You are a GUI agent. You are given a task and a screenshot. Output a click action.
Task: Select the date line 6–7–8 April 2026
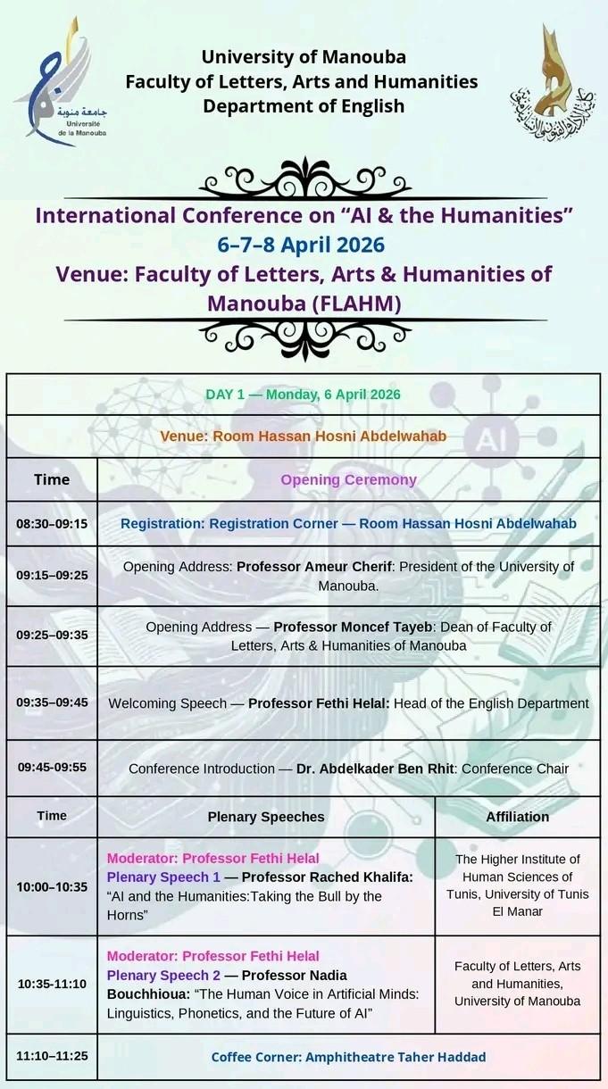pyautogui.click(x=301, y=245)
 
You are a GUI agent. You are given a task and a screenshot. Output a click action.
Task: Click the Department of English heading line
pyautogui.click(x=304, y=106)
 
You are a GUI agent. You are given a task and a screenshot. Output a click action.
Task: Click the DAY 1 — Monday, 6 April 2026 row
pyautogui.click(x=304, y=395)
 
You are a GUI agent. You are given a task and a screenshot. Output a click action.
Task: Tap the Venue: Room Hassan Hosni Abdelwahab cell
pyautogui.click(x=304, y=436)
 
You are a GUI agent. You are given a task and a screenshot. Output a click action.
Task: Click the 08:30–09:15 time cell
pyautogui.click(x=52, y=523)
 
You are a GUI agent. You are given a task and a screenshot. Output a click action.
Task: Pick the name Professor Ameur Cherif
pyautogui.click(x=304, y=567)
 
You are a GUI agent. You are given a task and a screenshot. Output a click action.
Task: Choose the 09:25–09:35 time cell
pyautogui.click(x=52, y=636)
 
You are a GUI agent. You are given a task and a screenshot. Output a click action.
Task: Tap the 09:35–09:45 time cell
pyautogui.click(x=52, y=702)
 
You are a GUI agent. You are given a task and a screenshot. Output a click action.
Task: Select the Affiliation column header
pyautogui.click(x=517, y=817)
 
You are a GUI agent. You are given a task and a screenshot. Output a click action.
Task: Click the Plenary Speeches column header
pyautogui.click(x=266, y=817)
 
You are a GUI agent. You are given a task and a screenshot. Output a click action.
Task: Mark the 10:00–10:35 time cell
pyautogui.click(x=52, y=886)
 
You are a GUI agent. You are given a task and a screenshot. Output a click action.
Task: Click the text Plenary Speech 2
pyautogui.click(x=163, y=975)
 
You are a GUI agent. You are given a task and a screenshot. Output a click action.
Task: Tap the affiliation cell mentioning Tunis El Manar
pyautogui.click(x=517, y=885)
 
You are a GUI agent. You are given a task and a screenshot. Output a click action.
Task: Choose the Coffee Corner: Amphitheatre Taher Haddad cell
pyautogui.click(x=348, y=1057)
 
